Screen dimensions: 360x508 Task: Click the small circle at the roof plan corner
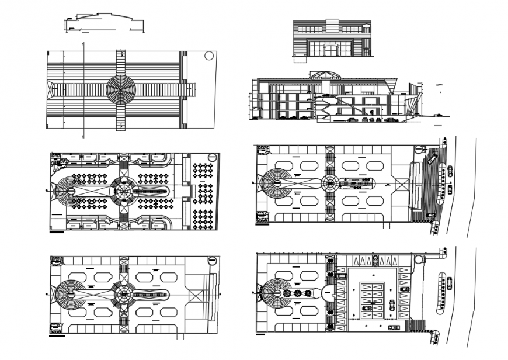click(x=209, y=56)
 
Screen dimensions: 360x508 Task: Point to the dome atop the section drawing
click(x=325, y=74)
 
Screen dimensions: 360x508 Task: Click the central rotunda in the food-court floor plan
click(x=124, y=191)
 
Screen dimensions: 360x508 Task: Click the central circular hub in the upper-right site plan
click(x=329, y=182)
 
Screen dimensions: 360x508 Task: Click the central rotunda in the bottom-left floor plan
click(x=123, y=292)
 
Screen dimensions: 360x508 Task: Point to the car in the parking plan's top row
click(x=375, y=261)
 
